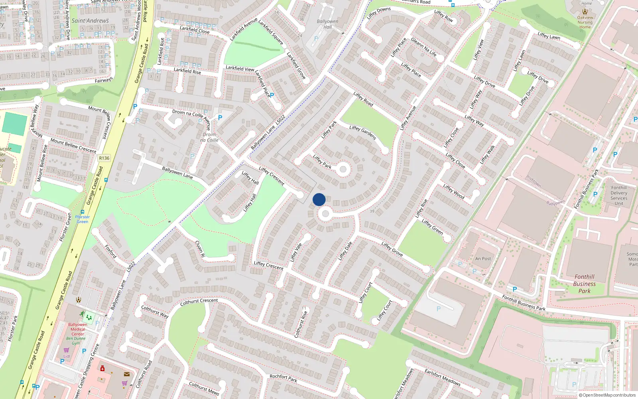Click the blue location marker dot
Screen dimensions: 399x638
point(319,199)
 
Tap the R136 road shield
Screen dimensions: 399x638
point(104,158)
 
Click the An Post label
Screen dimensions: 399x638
point(483,259)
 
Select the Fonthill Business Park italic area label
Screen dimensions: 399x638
point(584,284)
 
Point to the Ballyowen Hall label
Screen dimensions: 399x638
point(327,24)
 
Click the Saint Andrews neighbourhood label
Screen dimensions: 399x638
point(90,21)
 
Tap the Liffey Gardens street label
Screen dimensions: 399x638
point(362,132)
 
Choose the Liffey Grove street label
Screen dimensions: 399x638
point(392,249)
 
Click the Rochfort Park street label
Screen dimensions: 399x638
point(283,378)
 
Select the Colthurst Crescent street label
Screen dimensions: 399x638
point(199,302)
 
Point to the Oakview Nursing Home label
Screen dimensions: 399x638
point(585,22)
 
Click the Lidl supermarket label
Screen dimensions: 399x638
point(67,356)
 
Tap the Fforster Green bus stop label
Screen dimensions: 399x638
point(83,219)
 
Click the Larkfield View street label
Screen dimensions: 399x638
point(240,68)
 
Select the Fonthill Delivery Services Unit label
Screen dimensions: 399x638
point(618,196)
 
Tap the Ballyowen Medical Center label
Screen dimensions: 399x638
point(78,329)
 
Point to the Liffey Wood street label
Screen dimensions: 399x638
point(454,192)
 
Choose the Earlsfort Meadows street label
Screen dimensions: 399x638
point(442,377)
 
